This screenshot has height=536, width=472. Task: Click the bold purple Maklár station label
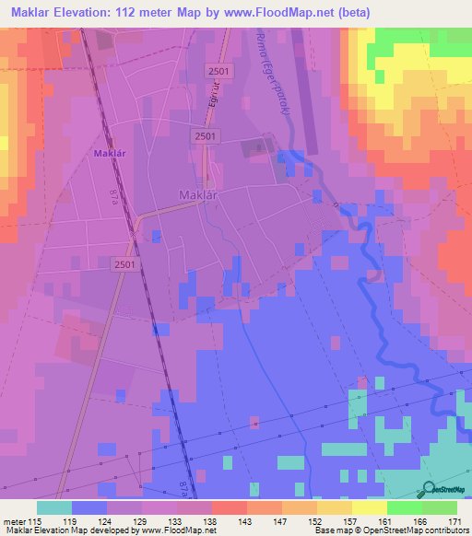pyautogui.click(x=109, y=154)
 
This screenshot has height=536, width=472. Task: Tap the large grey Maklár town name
pyautogui.click(x=197, y=194)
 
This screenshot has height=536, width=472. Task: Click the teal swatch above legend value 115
pyautogui.click(x=54, y=507)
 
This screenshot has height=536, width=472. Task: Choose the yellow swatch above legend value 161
pyautogui.click(x=369, y=507)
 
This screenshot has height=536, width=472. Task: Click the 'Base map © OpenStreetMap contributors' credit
pyautogui.click(x=389, y=531)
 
